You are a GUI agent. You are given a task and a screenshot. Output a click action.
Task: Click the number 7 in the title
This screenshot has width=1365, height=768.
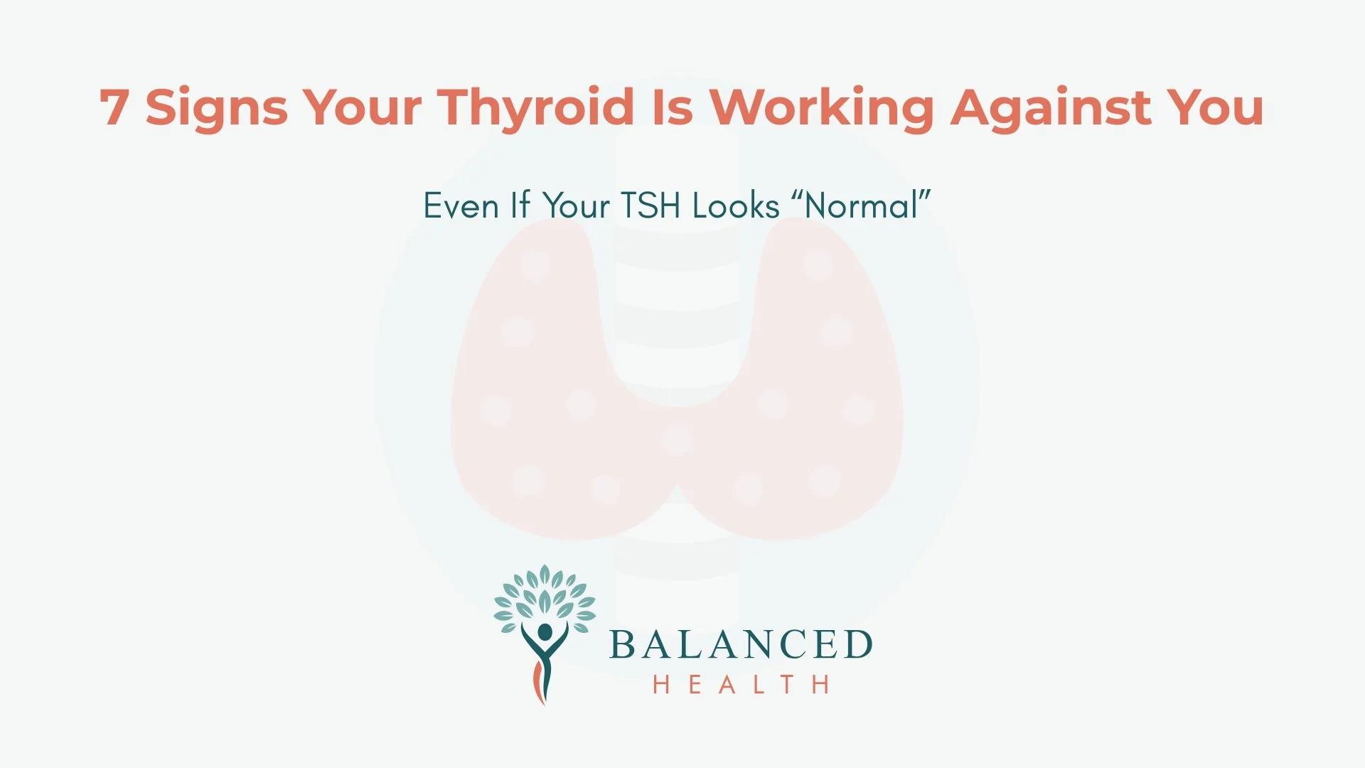click(x=114, y=108)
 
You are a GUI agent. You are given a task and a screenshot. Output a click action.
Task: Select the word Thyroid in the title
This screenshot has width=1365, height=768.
click(x=535, y=108)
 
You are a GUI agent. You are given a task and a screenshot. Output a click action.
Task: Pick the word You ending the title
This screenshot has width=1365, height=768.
click(x=1215, y=108)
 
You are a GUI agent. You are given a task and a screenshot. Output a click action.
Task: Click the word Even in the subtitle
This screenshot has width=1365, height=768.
click(x=461, y=206)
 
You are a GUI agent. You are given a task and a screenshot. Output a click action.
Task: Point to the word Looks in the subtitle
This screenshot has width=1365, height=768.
click(x=736, y=206)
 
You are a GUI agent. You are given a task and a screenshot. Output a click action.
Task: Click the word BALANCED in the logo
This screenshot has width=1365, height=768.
click(x=741, y=645)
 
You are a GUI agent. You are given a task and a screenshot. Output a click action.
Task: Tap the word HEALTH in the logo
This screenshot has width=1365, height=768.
click(x=741, y=685)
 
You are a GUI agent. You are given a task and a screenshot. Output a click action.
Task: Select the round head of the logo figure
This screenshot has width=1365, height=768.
click(x=545, y=632)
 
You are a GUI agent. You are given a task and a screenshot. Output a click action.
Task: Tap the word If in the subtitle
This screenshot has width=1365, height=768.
click(x=520, y=206)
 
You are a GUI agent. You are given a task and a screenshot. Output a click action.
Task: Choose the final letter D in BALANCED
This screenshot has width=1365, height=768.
click(x=858, y=645)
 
